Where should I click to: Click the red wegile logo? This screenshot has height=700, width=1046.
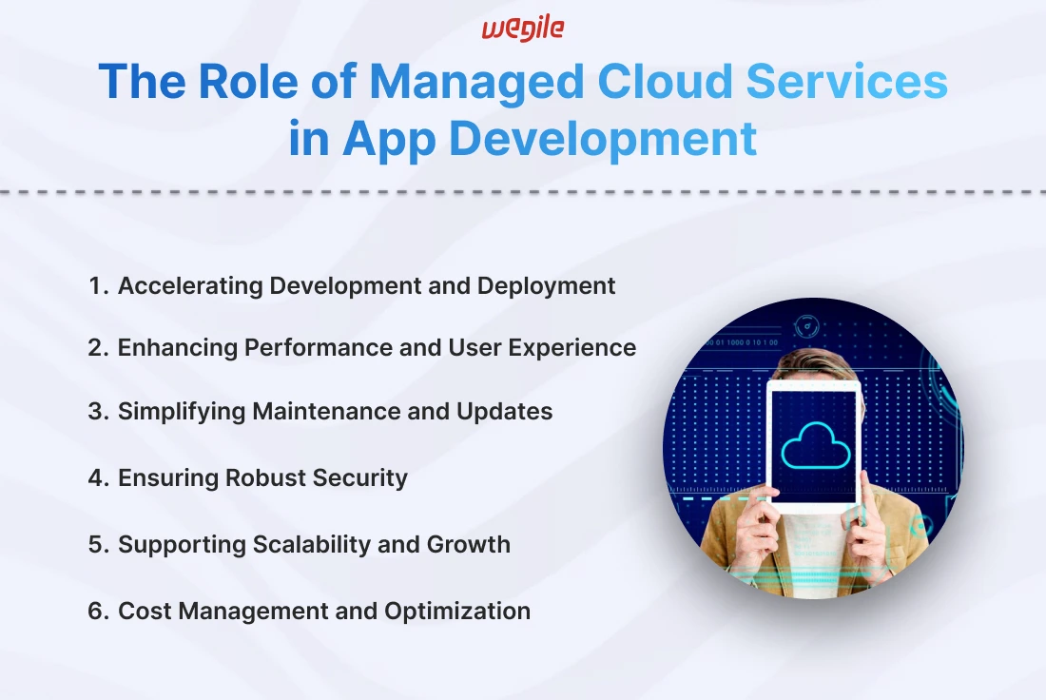click(523, 29)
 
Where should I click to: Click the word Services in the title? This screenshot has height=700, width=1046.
click(846, 82)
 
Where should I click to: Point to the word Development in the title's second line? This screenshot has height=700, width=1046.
click(603, 140)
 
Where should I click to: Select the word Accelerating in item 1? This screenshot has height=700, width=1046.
click(190, 286)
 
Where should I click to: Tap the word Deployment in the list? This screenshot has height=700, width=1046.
click(546, 286)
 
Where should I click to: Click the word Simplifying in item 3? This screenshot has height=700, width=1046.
click(182, 412)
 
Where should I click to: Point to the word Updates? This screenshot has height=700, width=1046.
click(504, 412)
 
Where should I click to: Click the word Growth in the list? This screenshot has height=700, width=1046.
click(468, 545)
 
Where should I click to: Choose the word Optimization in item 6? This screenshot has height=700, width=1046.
click(457, 612)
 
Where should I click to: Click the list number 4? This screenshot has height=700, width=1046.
click(97, 477)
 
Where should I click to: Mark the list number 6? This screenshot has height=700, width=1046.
click(97, 612)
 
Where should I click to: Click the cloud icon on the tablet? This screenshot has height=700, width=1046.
click(815, 445)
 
